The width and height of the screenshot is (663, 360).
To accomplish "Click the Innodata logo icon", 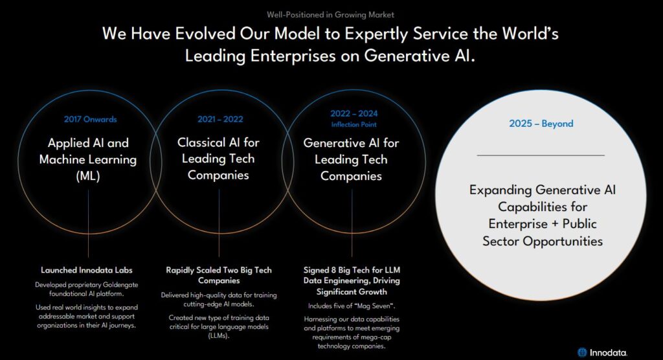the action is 582,352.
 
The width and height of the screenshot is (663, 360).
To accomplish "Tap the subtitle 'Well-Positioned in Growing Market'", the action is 330,15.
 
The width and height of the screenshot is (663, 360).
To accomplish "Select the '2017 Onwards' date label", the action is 90,119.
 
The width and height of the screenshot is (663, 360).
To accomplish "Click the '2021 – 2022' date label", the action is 220,119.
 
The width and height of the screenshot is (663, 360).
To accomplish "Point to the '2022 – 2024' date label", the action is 354,113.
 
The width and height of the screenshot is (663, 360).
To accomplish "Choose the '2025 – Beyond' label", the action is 541,124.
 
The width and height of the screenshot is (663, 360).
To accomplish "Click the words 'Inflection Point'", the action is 354,124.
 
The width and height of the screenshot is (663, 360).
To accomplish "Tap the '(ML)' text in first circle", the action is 88,176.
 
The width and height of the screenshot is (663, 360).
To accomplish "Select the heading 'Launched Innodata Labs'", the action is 87,270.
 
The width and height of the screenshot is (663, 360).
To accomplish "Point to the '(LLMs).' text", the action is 219,336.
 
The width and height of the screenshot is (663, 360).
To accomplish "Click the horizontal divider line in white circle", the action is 541,155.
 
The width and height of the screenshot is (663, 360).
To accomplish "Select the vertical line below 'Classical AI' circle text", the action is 219,223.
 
